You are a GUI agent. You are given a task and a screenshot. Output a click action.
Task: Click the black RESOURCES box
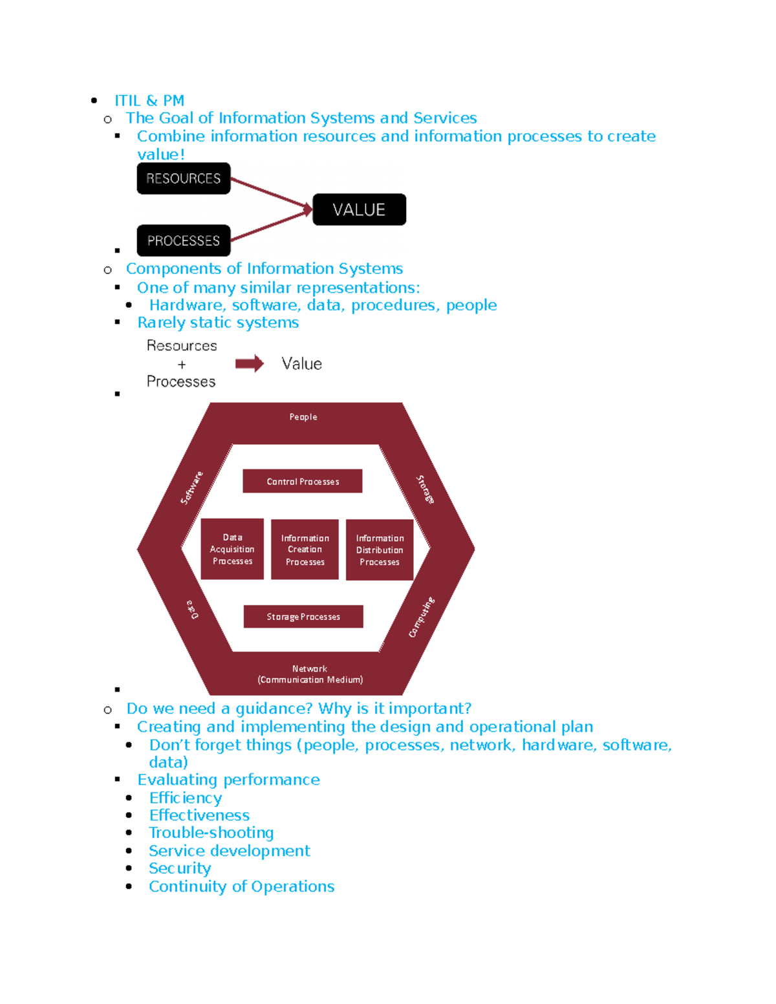[x=184, y=178]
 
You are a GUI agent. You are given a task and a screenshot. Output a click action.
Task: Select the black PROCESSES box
[x=184, y=240]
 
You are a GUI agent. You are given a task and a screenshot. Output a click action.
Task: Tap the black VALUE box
[x=359, y=209]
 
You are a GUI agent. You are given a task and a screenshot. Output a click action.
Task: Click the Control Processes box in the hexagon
[x=303, y=481]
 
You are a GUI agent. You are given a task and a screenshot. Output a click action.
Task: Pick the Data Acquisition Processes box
[x=232, y=549]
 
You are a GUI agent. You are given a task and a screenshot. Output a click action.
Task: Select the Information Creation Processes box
[x=305, y=550]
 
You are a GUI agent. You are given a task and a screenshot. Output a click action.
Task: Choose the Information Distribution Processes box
[x=380, y=550]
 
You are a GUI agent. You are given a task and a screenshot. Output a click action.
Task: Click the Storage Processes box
[x=303, y=617]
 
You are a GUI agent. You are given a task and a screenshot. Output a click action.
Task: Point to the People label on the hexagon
[x=303, y=417]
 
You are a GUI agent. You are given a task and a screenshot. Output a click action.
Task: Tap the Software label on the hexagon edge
[x=191, y=487]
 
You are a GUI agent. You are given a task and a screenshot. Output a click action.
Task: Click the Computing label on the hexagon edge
[x=422, y=617]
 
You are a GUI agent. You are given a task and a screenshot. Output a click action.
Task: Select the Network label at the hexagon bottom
[x=310, y=668]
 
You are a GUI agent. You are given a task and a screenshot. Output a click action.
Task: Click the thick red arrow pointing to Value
[x=249, y=364]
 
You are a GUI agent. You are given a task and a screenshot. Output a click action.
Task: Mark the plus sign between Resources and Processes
[x=182, y=365]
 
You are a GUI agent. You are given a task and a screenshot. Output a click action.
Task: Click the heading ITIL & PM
[x=149, y=101]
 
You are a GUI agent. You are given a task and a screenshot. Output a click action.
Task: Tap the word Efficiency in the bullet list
[x=186, y=798]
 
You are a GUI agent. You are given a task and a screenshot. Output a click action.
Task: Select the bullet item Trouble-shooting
[x=211, y=833]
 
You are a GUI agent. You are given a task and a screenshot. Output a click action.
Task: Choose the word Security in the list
[x=180, y=868]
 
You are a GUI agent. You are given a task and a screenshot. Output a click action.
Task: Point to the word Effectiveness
[x=199, y=815]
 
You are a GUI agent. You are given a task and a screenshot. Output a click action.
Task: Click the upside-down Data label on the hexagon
[x=193, y=609]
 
